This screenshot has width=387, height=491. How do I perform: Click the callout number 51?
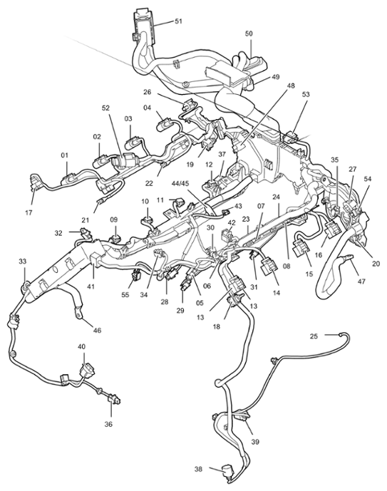[x=178, y=21]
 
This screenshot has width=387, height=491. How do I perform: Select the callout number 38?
[x=198, y=469]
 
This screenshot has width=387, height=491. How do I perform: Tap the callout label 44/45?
[x=181, y=183]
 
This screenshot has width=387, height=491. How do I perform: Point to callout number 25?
[x=314, y=336]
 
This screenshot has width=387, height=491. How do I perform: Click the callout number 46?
[x=98, y=330]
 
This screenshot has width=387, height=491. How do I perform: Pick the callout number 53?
[x=306, y=94]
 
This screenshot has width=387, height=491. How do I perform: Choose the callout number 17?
[x=29, y=212]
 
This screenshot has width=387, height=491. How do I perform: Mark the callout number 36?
[x=108, y=424]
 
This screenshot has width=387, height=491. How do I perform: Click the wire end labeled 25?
[x=341, y=334]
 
